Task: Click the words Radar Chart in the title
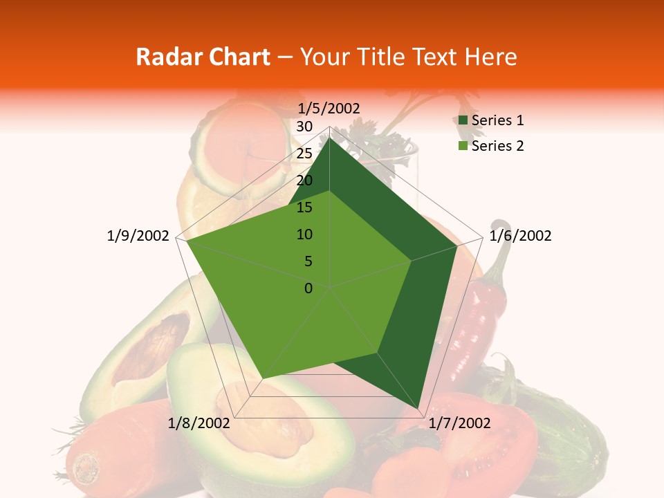(203, 57)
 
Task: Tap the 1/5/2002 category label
(329, 108)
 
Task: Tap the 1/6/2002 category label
(520, 236)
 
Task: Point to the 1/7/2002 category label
(459, 423)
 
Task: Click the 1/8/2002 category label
(199, 423)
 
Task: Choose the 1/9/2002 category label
(138, 236)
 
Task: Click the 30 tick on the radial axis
(304, 127)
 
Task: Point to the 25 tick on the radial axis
(304, 154)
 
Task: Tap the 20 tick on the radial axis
(304, 181)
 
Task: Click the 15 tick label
(304, 207)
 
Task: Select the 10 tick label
(304, 234)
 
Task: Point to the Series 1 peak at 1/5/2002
(329, 138)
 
